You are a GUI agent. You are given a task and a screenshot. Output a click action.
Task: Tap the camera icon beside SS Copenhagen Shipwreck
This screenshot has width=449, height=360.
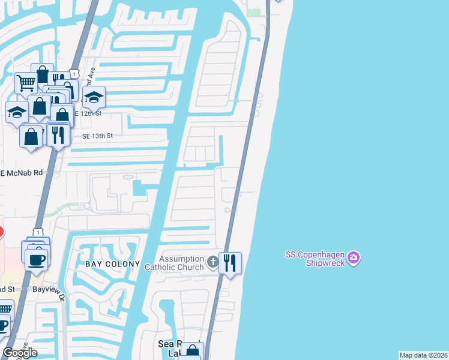click(x=354, y=257)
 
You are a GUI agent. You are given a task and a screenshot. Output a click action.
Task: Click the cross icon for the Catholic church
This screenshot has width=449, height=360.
click(x=212, y=262)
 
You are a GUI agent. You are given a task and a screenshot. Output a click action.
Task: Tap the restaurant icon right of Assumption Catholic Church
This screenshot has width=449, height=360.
click(x=230, y=263)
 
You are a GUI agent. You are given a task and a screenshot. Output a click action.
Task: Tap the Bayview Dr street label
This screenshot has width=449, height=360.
click(x=47, y=289)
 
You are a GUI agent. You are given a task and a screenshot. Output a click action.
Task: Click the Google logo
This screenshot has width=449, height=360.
click(x=20, y=353)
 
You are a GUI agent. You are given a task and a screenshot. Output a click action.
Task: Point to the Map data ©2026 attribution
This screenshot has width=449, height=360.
click(x=423, y=355)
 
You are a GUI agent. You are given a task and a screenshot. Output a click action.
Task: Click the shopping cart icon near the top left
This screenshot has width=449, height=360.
click(x=26, y=83)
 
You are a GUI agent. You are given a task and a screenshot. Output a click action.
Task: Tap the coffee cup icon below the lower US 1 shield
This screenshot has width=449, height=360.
click(x=36, y=259)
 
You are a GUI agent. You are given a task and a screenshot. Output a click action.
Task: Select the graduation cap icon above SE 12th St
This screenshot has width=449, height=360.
click(x=94, y=97)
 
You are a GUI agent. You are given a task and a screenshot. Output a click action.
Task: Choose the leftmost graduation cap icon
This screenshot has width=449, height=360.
click(x=17, y=112)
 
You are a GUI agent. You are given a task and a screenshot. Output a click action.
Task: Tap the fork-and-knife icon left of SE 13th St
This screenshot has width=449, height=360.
click(x=58, y=134)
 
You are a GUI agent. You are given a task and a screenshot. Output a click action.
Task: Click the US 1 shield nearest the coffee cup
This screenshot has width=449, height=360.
click(x=38, y=232)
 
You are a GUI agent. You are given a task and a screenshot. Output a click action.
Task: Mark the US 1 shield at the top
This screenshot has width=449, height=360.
click(x=72, y=73)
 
